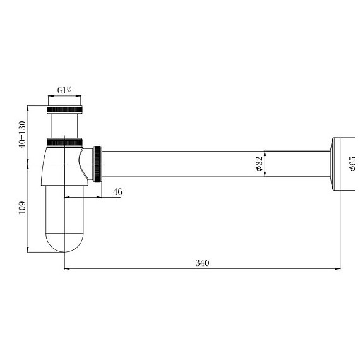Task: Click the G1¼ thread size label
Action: pyautogui.click(x=64, y=90)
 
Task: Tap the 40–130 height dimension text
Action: pyautogui.click(x=23, y=135)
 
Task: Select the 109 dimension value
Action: pyautogui.click(x=22, y=208)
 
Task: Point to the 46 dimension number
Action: pyautogui.click(x=117, y=192)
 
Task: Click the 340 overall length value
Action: pyautogui.click(x=202, y=263)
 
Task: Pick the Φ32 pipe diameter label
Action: pyautogui.click(x=259, y=164)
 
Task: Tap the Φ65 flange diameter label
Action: pyautogui.click(x=352, y=164)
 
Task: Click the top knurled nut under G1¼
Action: pyautogui.click(x=64, y=110)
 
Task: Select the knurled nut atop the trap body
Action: pyautogui.click(x=64, y=143)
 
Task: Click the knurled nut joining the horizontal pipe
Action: pyautogui.click(x=97, y=164)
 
